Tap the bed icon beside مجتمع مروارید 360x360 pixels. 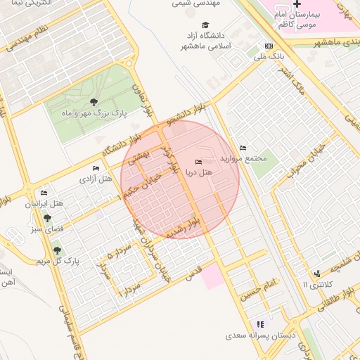pyautogui.click(x=243, y=148)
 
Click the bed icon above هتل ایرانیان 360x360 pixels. pyautogui.click(x=44, y=193)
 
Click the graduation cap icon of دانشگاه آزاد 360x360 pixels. pyautogui.click(x=205, y=25)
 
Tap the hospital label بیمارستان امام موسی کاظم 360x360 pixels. pyautogui.click(x=302, y=19)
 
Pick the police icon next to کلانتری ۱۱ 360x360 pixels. pyautogui.click(x=317, y=274)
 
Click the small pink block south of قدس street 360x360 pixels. pyautogui.click(x=214, y=276)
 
